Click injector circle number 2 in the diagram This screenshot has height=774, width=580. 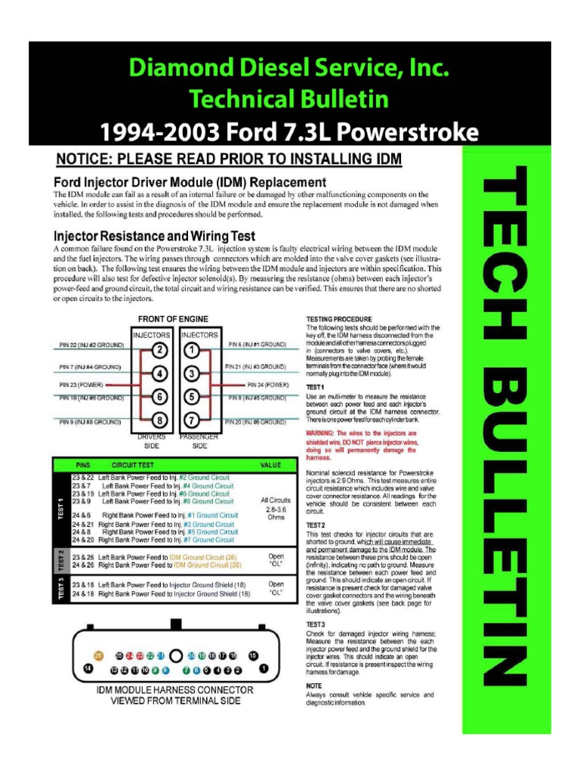click(x=159, y=350)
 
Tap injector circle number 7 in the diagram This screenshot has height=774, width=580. click(x=192, y=420)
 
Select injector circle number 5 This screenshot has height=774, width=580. click(x=192, y=397)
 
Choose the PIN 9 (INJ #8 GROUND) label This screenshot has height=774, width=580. click(x=90, y=422)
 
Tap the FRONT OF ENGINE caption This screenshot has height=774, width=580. click(x=174, y=318)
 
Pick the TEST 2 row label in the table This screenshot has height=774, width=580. click(x=60, y=560)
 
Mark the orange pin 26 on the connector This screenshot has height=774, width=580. click(x=98, y=655)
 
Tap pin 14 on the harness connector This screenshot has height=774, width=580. click(x=88, y=669)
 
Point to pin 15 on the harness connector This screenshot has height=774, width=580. click(x=253, y=655)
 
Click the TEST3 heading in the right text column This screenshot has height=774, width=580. click(x=316, y=624)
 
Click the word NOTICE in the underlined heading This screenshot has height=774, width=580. click(x=85, y=159)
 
